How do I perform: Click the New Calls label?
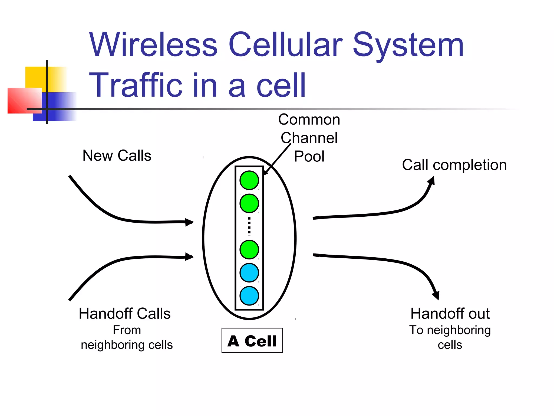click(117, 156)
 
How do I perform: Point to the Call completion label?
click(454, 165)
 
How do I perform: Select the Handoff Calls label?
click(125, 314)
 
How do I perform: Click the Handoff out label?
click(450, 314)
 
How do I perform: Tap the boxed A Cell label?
click(252, 340)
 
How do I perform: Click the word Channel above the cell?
click(309, 138)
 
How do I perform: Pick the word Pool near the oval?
click(309, 157)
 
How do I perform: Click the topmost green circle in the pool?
click(249, 180)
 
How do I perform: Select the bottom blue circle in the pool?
click(249, 296)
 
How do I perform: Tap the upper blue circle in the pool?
click(249, 273)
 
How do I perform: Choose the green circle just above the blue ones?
click(249, 249)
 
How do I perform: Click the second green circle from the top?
click(249, 203)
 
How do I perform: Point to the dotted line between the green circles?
click(249, 226)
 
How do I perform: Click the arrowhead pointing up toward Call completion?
click(432, 181)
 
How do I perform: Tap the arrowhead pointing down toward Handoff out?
click(436, 295)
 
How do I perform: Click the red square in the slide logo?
click(24, 100)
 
